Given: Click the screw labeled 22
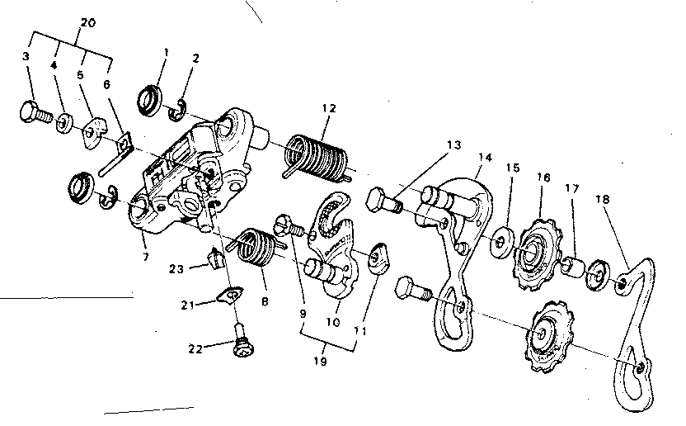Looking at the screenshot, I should point(241,349).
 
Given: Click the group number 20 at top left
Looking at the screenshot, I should point(88,22).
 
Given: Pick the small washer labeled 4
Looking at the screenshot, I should point(63,125).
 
